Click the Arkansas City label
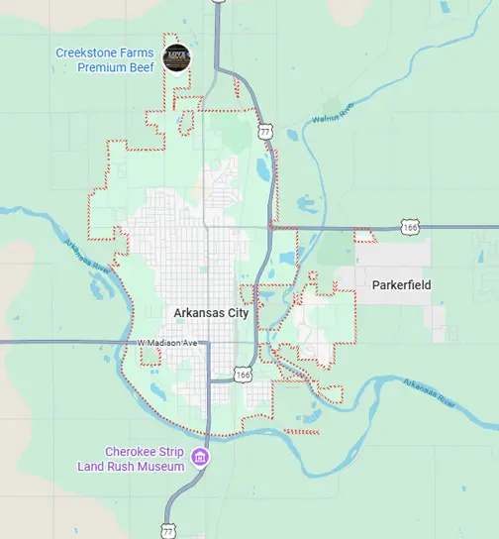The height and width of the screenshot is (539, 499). point(211,312)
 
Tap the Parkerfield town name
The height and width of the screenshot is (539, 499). point(401,285)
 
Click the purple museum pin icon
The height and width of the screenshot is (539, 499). point(200,458)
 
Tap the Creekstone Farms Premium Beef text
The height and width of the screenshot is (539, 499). point(104,59)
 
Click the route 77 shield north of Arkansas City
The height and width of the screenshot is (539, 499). point(263,131)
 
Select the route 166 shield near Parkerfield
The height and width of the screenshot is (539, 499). point(411,228)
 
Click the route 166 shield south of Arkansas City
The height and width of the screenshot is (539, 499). point(244,374)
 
